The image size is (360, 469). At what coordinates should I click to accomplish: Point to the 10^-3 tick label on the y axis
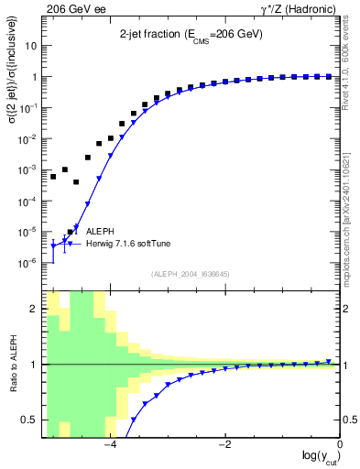29,169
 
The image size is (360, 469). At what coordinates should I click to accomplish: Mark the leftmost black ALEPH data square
53,177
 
